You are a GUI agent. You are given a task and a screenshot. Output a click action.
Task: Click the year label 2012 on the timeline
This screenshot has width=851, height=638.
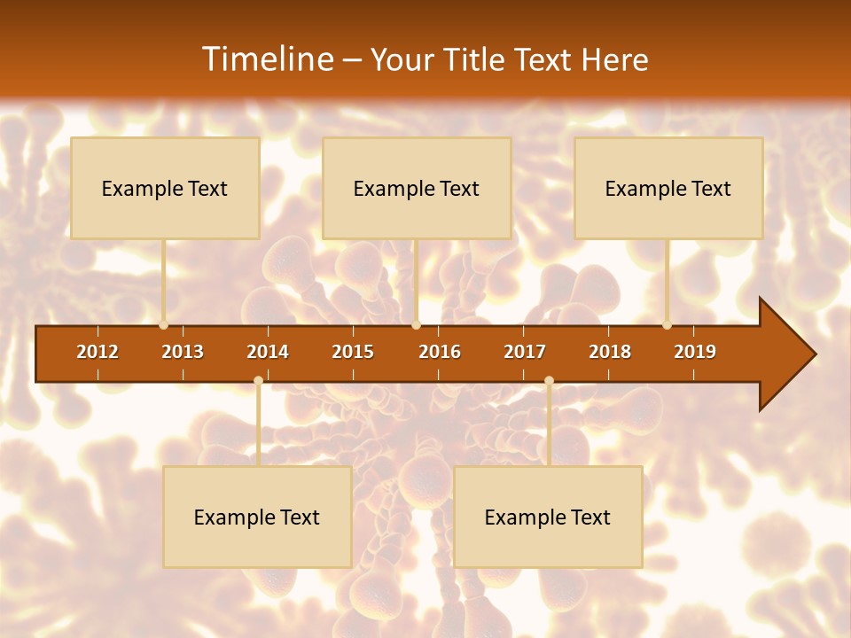98,352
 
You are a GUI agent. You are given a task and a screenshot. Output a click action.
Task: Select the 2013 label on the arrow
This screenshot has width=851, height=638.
183,352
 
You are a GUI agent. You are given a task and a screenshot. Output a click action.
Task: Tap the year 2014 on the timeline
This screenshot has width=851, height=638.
268,352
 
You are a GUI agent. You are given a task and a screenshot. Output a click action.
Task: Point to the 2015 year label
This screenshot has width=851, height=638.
353,352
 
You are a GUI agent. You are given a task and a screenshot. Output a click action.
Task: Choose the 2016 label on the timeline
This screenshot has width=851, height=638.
440,352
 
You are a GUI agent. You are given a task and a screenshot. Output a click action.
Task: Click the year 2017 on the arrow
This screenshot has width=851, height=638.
525,352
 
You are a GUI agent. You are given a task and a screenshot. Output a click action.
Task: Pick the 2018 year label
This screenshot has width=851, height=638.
610,352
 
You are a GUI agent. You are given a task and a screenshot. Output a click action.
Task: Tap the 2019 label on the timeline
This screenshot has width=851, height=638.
695,352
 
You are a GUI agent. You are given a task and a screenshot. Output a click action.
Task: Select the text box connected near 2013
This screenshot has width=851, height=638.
165,188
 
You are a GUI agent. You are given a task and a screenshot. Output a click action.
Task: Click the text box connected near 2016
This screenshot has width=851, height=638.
417,188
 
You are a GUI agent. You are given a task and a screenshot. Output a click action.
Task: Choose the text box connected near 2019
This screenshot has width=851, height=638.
668,188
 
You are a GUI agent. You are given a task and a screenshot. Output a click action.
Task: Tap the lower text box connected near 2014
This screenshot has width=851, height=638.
257,517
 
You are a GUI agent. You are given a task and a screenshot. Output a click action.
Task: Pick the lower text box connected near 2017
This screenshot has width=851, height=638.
548,517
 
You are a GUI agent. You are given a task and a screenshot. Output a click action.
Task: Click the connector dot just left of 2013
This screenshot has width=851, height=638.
164,325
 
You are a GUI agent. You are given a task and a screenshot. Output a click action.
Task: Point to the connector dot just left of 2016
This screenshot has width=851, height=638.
416,325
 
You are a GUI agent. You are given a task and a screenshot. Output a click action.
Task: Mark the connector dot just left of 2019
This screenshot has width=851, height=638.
668,325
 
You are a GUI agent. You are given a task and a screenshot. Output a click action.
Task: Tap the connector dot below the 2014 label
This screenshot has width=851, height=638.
258,381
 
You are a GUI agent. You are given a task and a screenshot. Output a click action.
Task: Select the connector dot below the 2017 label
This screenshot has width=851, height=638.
549,381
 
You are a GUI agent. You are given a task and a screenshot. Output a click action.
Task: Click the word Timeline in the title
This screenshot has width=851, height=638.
267,59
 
